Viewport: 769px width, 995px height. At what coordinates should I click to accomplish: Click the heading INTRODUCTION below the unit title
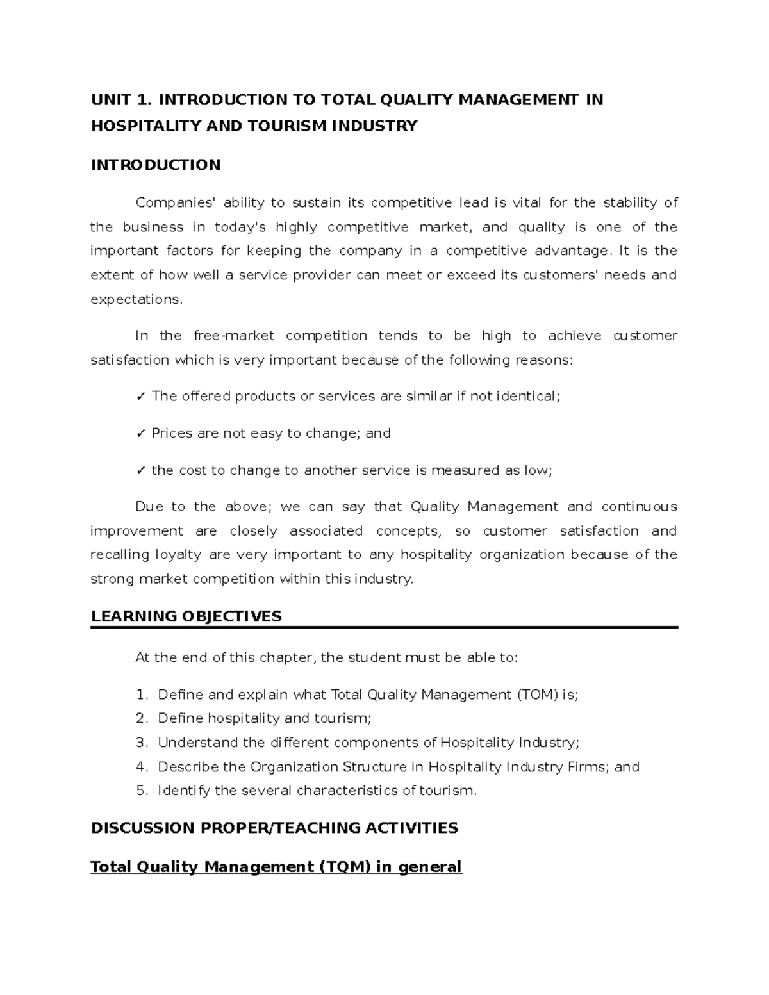[156, 165]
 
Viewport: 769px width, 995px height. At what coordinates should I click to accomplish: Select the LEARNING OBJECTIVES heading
[186, 616]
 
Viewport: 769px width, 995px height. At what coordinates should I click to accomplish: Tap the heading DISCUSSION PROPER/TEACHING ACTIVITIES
[274, 828]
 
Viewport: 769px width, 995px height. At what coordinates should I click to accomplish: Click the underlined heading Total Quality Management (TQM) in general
[276, 867]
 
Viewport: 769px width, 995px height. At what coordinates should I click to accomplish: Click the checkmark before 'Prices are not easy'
[140, 434]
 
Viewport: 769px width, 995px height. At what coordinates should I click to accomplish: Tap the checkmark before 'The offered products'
[140, 397]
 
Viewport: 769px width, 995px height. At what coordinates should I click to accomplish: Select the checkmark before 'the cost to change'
[140, 471]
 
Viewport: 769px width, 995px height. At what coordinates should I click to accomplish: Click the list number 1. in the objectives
[142, 695]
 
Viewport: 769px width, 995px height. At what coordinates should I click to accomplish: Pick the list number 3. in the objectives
[142, 743]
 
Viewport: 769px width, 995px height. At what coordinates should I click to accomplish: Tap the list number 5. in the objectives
[142, 791]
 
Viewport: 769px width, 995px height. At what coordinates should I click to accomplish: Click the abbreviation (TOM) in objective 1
[536, 695]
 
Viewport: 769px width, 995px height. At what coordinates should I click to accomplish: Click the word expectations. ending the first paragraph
[136, 299]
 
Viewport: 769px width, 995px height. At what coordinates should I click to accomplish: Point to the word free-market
[234, 336]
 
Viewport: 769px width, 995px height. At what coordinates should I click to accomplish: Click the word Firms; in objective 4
[588, 767]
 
